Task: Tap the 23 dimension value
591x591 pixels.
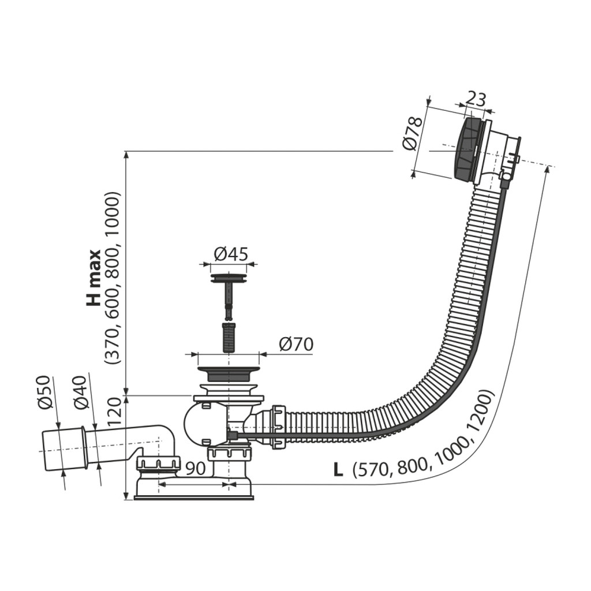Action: point(476,99)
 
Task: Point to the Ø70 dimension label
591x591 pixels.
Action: point(296,344)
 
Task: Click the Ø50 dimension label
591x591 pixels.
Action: point(45,392)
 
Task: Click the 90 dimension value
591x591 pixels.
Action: point(196,468)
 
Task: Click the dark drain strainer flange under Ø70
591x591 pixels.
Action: point(229,373)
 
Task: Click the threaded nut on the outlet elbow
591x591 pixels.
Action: point(159,463)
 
